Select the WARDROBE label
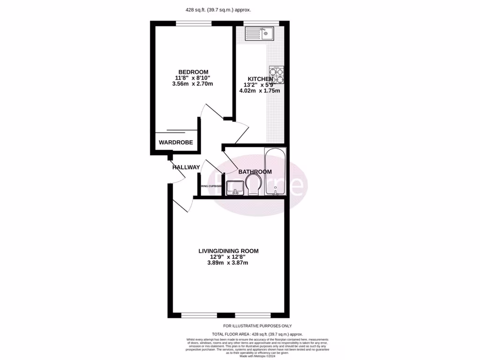click(176, 142)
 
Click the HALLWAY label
click(186, 167)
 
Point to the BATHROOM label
click(255, 172)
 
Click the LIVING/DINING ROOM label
click(228, 251)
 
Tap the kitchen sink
click(259, 33)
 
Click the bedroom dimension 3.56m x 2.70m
click(192, 84)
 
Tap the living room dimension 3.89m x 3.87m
click(228, 263)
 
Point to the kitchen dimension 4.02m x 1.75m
click(260, 91)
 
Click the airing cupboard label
click(211, 186)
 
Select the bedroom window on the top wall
click(194, 23)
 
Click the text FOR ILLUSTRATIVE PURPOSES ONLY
click(257, 326)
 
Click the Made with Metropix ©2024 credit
click(258, 356)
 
